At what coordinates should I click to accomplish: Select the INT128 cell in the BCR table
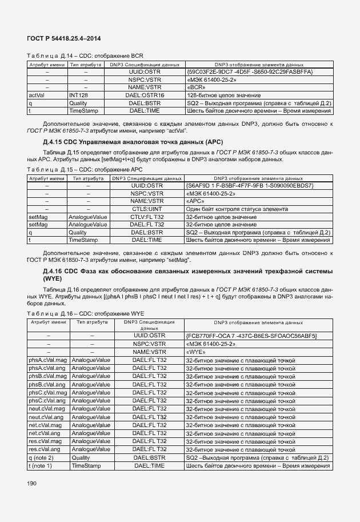[78, 95]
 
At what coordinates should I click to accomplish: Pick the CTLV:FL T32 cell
[147, 217]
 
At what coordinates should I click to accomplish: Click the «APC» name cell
[197, 201]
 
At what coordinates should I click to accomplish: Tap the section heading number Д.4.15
[55, 141]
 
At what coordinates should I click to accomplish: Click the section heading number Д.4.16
[55, 270]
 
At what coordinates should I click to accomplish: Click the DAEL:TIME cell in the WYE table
[149, 466]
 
